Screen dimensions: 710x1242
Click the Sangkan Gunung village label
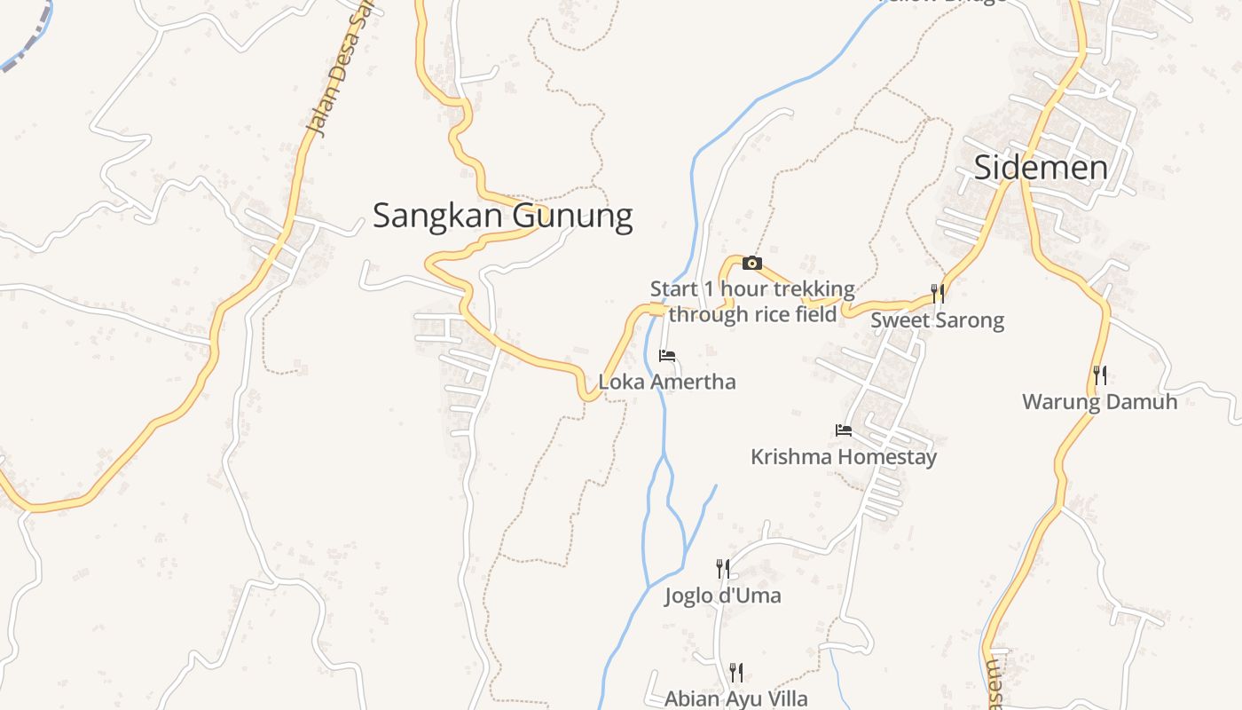(x=502, y=216)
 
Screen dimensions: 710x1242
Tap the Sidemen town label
(x=1041, y=168)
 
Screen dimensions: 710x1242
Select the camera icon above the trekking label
(x=751, y=263)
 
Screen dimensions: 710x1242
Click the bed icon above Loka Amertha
(x=667, y=356)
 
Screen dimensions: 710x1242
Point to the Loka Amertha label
(x=667, y=382)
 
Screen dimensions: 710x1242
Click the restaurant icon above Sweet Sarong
(x=937, y=294)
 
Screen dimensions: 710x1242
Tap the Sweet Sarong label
(x=937, y=319)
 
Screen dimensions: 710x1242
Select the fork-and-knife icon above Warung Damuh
(x=1100, y=375)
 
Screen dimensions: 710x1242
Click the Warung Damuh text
(x=1100, y=401)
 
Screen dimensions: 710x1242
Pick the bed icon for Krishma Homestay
(x=844, y=430)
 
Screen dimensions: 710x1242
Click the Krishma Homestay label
(x=844, y=457)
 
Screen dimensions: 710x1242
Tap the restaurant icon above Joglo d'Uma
(x=723, y=568)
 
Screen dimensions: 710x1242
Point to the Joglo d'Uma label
(x=723, y=595)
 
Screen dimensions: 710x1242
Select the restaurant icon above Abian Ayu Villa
(x=736, y=672)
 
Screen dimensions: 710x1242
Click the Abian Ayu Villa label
(x=736, y=698)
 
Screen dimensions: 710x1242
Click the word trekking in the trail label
(x=814, y=289)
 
